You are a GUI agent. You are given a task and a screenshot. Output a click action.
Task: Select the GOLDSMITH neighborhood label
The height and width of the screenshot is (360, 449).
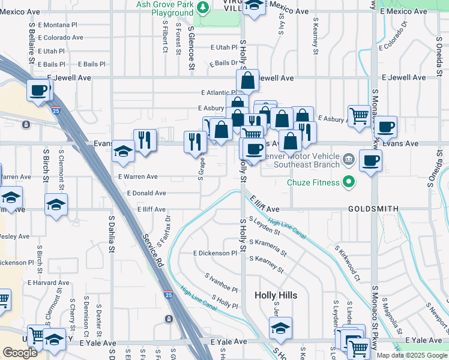[374, 209]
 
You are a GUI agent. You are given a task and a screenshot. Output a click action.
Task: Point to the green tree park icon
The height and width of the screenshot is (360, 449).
[203, 7]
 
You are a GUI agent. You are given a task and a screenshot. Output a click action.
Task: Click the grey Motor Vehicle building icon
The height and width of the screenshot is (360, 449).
[349, 160]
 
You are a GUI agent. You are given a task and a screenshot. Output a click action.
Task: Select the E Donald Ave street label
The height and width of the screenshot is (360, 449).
[146, 193]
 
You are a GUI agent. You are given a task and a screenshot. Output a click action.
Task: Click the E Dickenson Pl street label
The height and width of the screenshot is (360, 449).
[215, 253]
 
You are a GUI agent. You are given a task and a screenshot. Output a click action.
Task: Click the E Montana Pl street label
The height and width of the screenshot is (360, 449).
[58, 25]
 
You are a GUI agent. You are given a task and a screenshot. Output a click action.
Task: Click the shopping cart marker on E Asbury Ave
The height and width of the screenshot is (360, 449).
[359, 115]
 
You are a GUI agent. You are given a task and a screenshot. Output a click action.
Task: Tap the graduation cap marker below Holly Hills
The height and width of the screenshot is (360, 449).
[280, 328]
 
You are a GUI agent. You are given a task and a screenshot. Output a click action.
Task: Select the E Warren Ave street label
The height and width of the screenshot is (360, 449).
[137, 177]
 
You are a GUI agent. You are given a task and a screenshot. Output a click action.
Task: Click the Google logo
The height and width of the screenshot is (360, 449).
[20, 353]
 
